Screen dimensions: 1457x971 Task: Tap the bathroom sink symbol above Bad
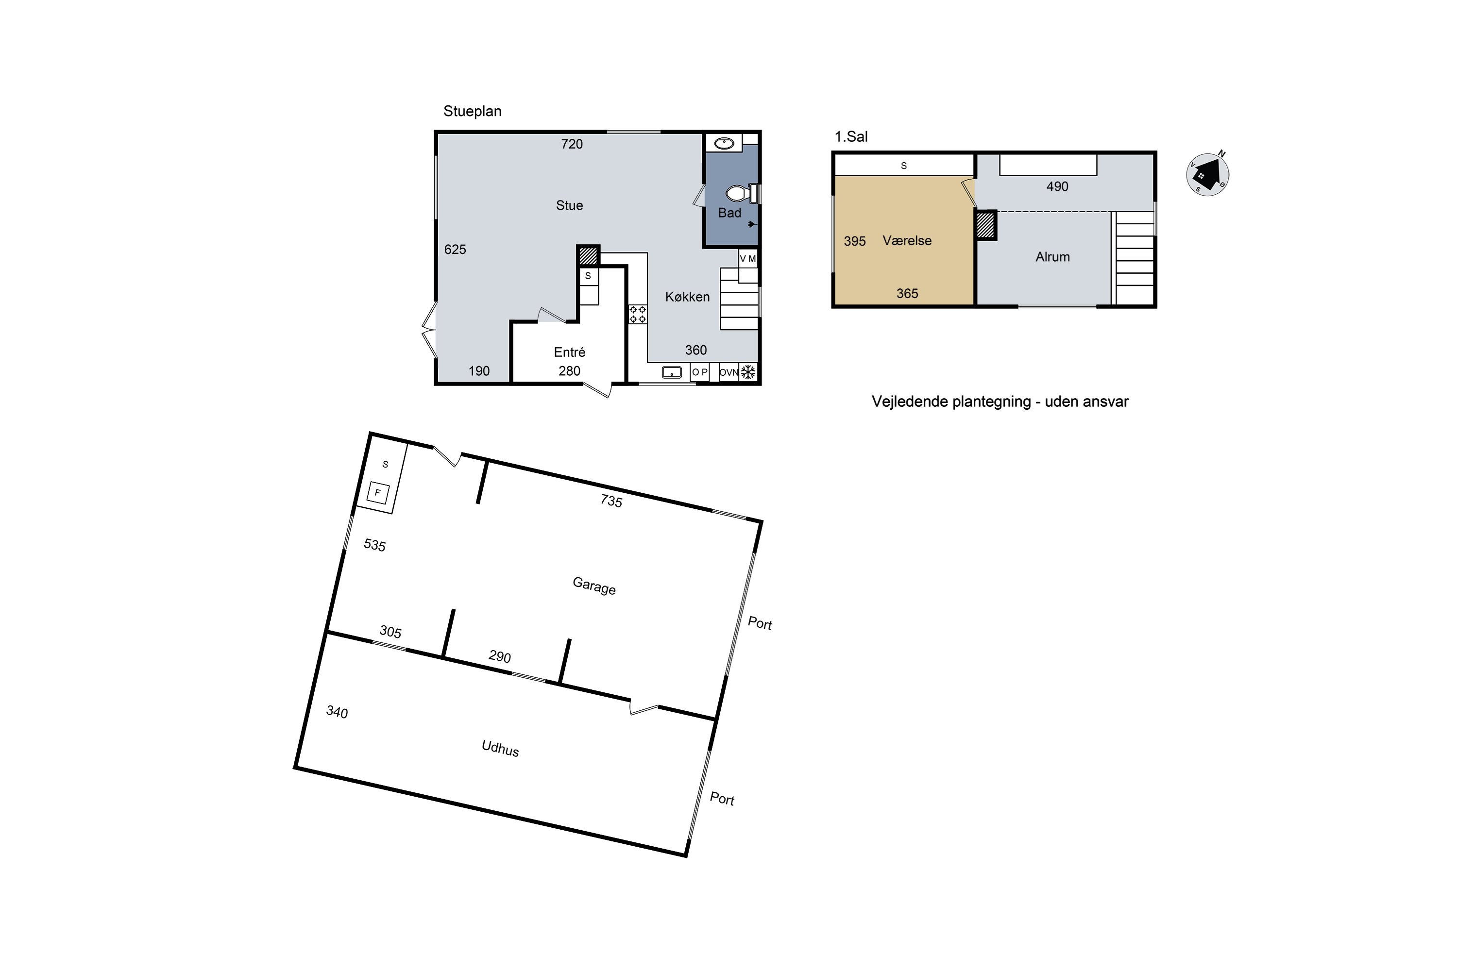(724, 144)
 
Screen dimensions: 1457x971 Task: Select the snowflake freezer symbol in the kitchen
(749, 372)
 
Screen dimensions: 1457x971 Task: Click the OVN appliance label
(729, 372)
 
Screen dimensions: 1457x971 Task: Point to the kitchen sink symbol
(672, 372)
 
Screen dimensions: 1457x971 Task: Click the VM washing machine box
(748, 258)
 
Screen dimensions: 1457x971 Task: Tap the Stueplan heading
(472, 112)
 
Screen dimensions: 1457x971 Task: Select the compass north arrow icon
(1207, 175)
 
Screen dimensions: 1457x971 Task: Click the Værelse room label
(907, 240)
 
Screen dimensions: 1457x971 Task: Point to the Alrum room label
(1052, 257)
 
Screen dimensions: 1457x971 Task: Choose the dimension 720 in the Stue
(572, 144)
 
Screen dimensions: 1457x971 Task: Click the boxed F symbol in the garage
(378, 493)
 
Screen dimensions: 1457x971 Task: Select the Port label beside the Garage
(760, 623)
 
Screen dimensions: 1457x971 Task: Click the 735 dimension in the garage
(611, 501)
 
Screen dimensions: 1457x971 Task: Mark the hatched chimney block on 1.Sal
(985, 225)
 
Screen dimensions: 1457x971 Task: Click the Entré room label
(569, 352)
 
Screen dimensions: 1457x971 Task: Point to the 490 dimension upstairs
(1057, 186)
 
